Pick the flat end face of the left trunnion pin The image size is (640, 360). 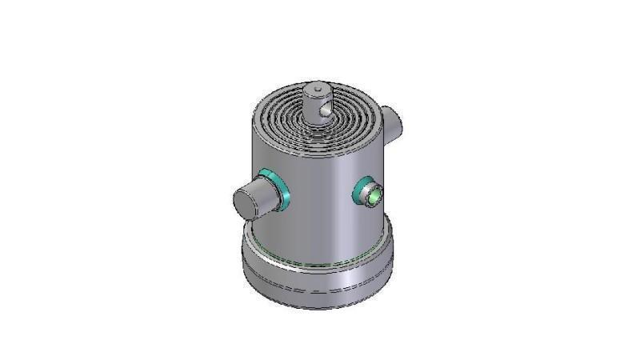click(x=246, y=202)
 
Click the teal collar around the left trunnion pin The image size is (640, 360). click(x=277, y=186)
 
